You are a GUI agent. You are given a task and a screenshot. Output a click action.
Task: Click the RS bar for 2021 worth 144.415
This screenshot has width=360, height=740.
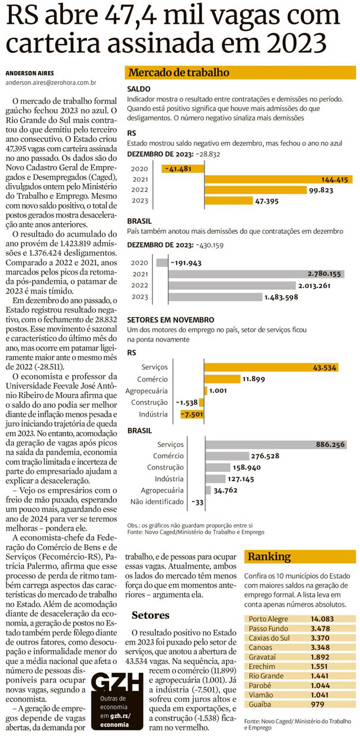pos(279,180)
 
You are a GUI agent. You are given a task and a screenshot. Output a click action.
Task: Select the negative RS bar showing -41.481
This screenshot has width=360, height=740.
pos(182,169)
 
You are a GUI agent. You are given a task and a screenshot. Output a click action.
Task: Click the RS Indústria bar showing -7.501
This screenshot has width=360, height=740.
pos(192,414)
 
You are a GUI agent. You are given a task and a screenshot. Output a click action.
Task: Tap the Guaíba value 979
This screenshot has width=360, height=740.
pos(318,704)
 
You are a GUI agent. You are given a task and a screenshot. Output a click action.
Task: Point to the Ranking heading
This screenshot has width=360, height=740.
pos(269,557)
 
